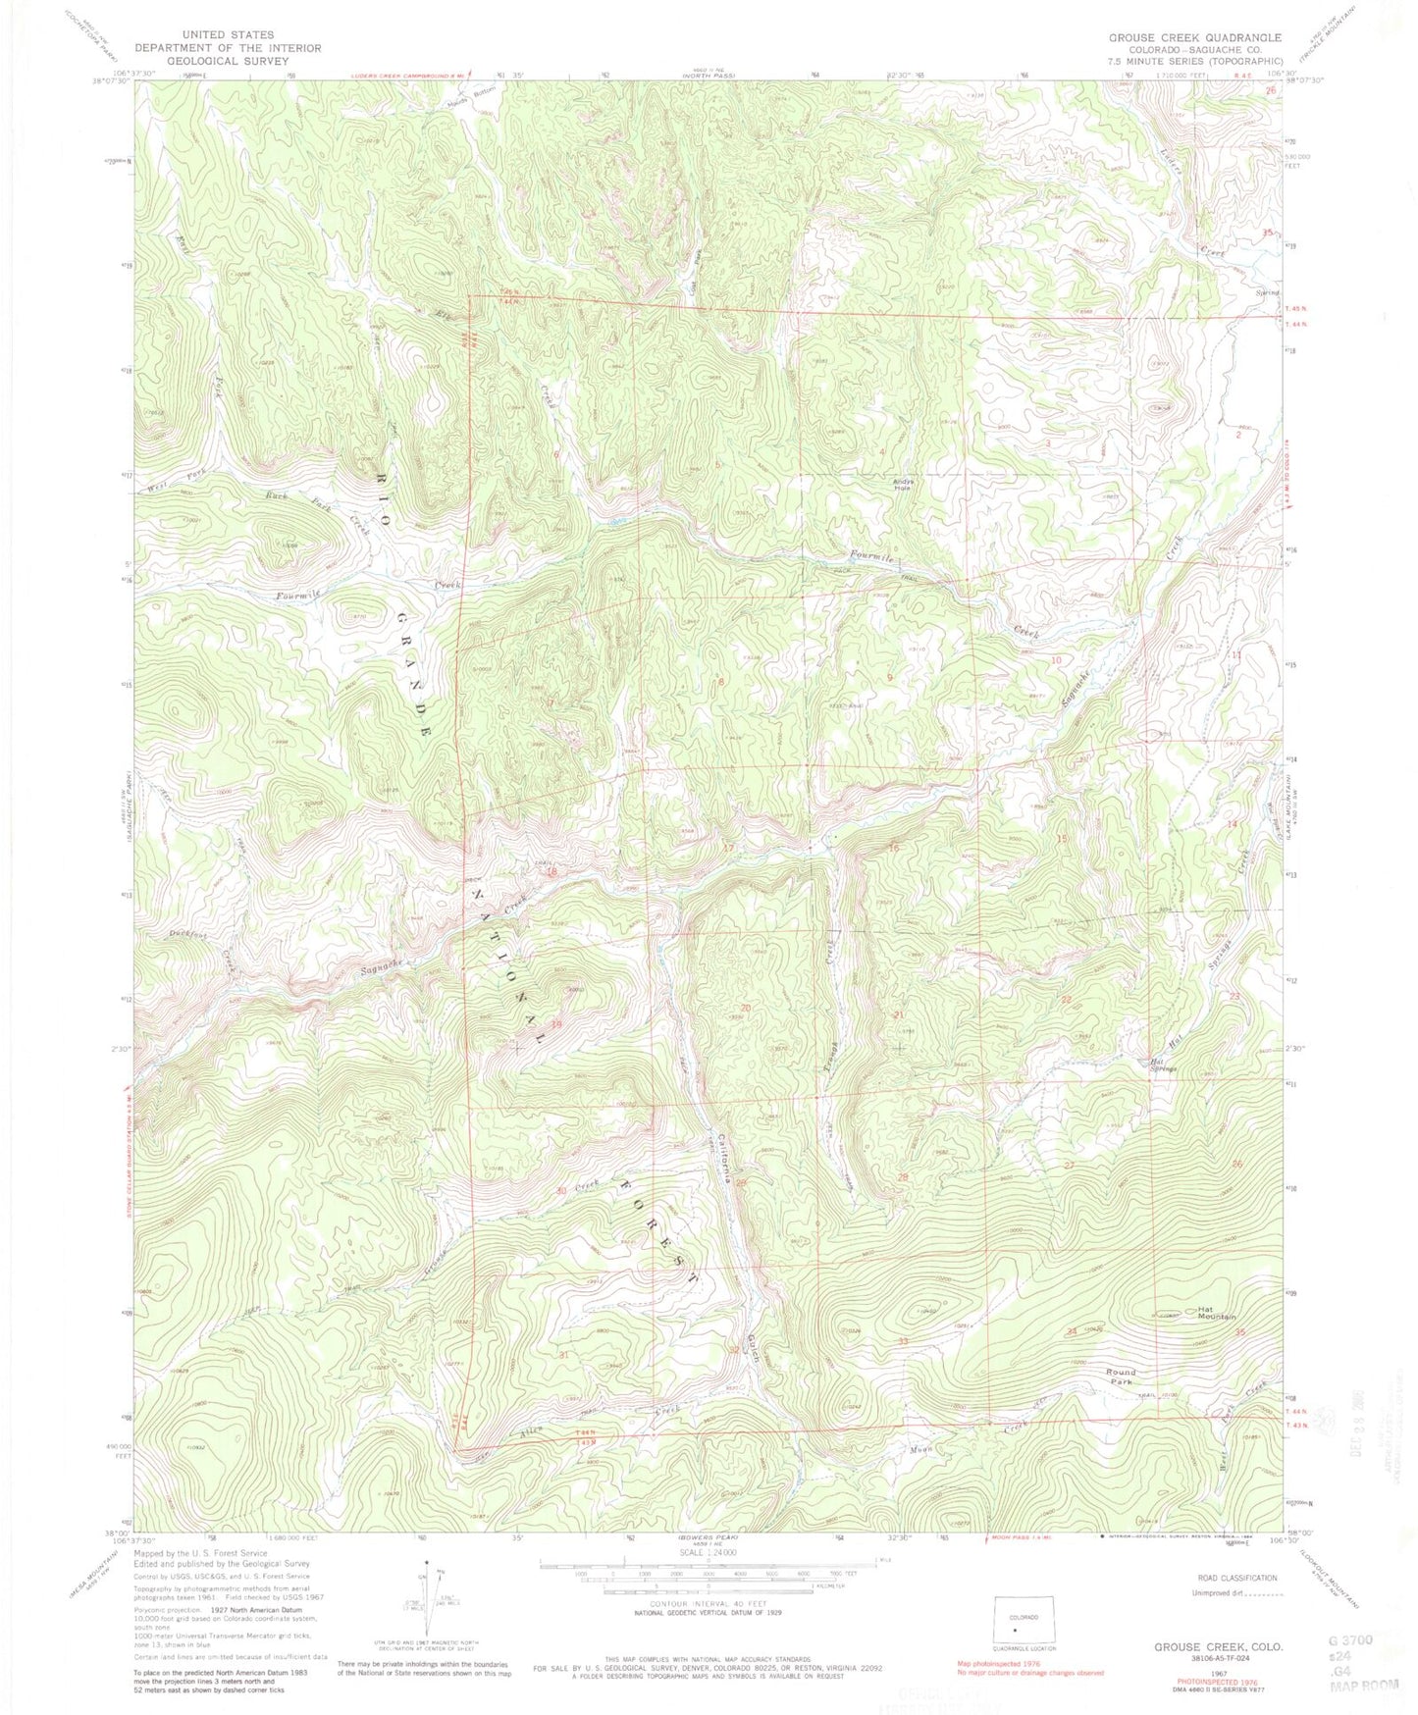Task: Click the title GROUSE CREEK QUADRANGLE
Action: tap(1182, 37)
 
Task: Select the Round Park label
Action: tap(1120, 1377)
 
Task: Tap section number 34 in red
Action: tap(1072, 1330)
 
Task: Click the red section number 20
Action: tap(746, 1008)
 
